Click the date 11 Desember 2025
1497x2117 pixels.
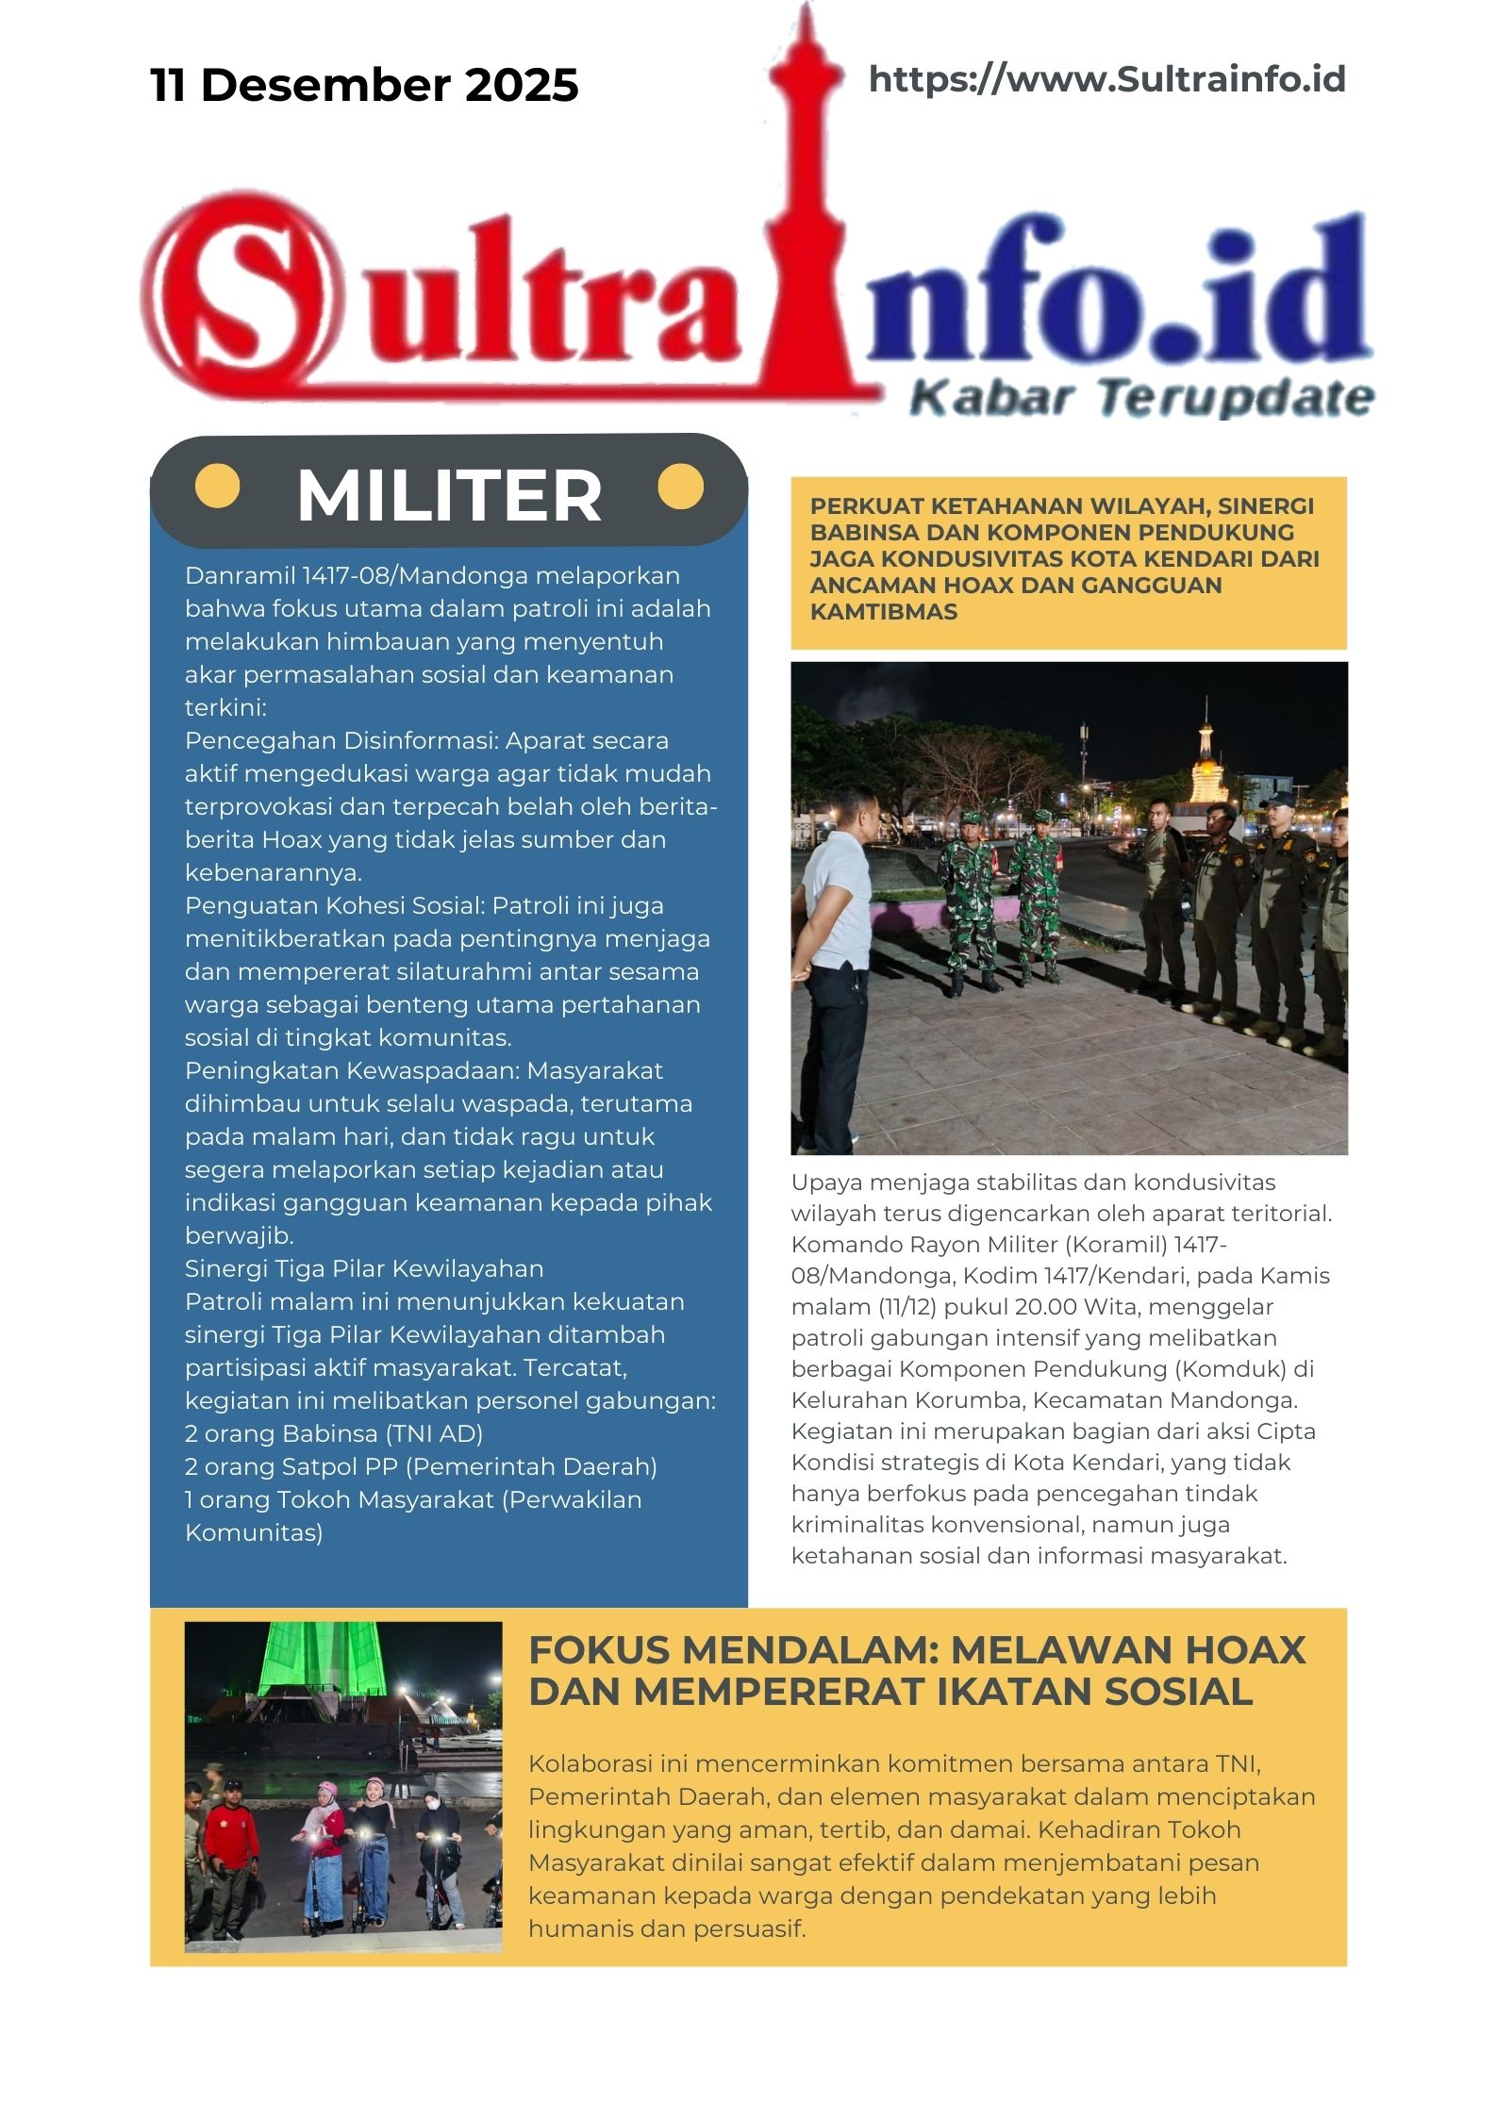click(364, 85)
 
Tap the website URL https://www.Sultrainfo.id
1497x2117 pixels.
click(1106, 79)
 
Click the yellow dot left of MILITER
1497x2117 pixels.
click(217, 487)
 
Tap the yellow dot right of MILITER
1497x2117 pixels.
click(680, 487)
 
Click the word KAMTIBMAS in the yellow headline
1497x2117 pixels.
click(884, 612)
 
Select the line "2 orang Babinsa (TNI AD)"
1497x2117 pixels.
click(334, 1434)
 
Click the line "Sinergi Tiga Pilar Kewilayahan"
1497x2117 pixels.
click(364, 1269)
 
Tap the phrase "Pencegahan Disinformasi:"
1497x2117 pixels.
click(341, 741)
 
